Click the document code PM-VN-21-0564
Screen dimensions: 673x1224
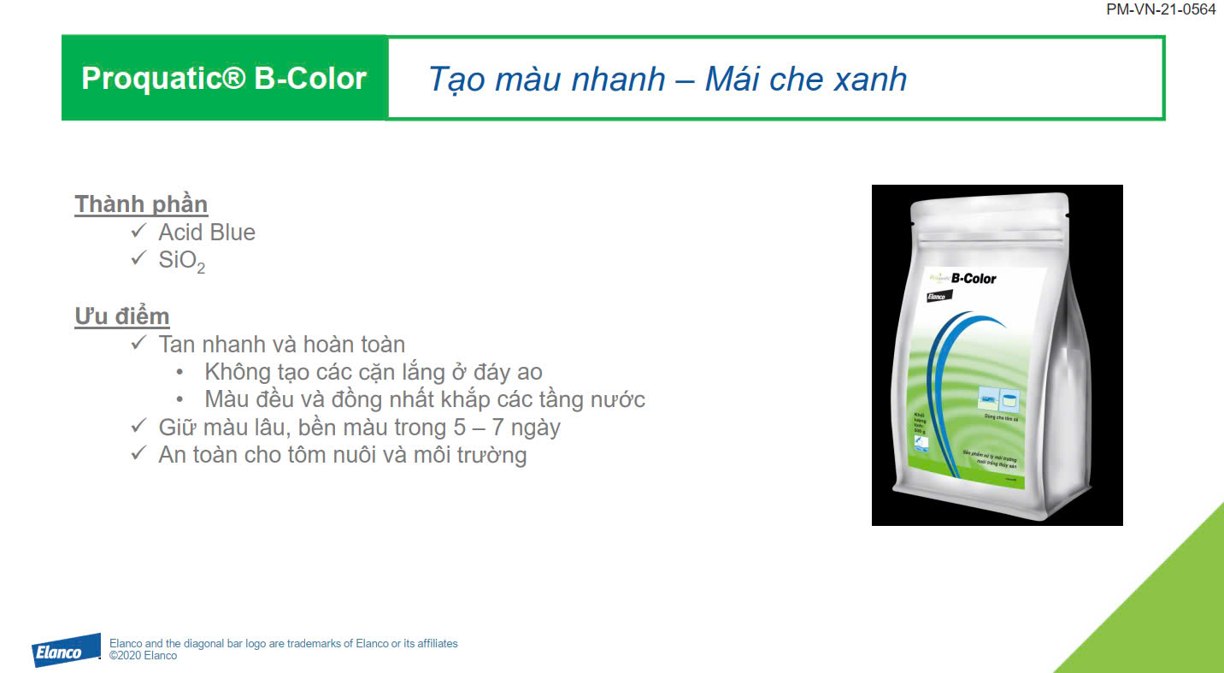point(1161,9)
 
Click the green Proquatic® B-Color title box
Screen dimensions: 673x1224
point(224,78)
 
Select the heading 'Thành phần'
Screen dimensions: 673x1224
point(141,204)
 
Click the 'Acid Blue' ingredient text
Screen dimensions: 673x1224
point(207,233)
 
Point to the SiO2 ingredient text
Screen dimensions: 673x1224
point(181,261)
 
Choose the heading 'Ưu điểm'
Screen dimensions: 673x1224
point(122,316)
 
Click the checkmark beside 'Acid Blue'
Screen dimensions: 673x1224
point(139,232)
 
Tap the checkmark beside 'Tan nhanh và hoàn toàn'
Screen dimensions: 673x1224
point(139,344)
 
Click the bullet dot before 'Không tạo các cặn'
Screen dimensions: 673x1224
point(179,372)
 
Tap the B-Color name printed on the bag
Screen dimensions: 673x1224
point(973,278)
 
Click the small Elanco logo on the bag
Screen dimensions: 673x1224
point(939,296)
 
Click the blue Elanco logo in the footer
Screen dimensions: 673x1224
point(68,651)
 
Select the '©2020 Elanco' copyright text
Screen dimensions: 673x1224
point(143,656)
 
